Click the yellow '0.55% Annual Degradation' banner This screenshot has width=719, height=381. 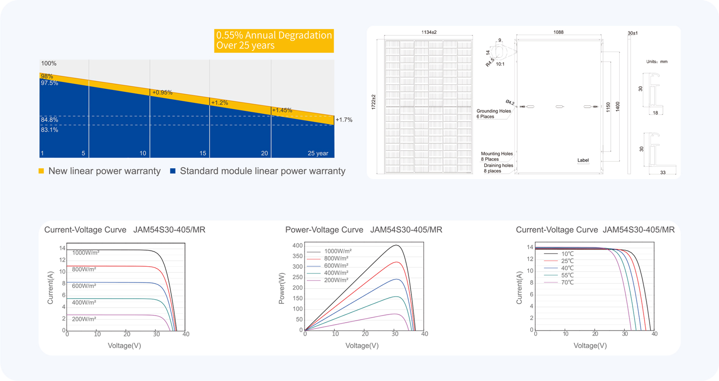(x=274, y=40)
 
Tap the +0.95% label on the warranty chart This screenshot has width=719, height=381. (x=162, y=92)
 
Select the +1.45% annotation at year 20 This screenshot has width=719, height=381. (x=282, y=110)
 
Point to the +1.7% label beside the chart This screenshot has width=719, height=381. (x=344, y=120)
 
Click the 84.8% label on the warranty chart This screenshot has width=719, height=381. (x=49, y=120)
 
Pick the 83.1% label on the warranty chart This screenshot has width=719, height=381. (x=49, y=130)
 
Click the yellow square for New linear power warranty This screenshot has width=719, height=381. (x=41, y=171)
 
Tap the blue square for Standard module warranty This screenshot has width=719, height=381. (x=173, y=171)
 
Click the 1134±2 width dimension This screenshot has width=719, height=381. (x=429, y=32)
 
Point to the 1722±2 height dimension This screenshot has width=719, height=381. (x=373, y=102)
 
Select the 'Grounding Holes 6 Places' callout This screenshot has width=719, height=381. (x=494, y=114)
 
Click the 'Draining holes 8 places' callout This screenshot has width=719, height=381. (x=498, y=168)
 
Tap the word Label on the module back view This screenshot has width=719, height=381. (x=583, y=160)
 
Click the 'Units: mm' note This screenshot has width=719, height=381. (x=657, y=61)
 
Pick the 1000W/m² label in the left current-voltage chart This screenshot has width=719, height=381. (x=86, y=253)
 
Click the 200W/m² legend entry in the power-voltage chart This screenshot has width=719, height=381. (x=336, y=280)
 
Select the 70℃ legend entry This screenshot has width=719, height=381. (x=567, y=283)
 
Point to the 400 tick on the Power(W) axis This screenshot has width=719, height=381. (x=298, y=246)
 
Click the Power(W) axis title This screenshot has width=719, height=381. (x=282, y=288)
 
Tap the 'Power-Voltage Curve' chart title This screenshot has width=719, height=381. (x=324, y=230)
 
